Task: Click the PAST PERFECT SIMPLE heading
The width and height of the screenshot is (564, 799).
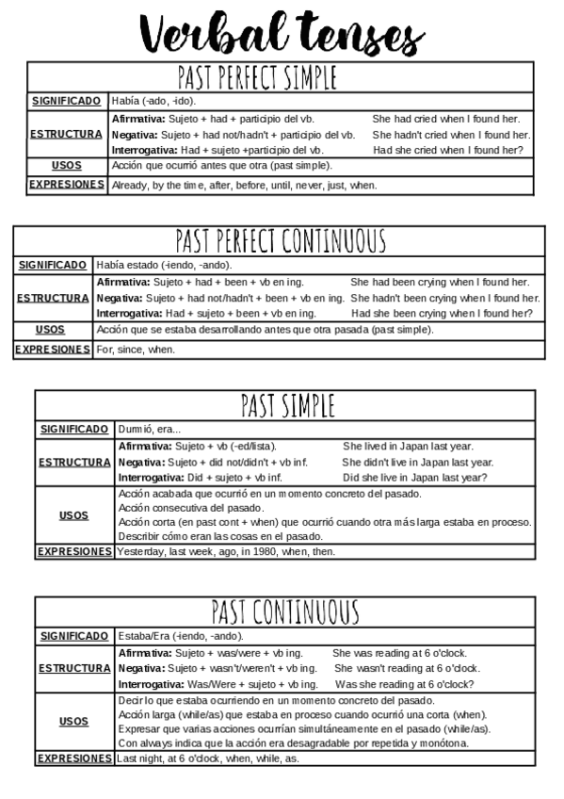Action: click(257, 76)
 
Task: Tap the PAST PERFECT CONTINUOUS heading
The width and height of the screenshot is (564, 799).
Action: click(281, 241)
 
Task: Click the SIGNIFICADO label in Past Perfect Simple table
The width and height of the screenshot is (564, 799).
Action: click(66, 101)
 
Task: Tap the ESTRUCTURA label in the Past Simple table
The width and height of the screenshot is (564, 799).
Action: click(74, 463)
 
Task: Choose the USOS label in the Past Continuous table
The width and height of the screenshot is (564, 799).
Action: click(73, 722)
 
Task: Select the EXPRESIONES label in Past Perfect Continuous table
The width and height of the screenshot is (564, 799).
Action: click(53, 350)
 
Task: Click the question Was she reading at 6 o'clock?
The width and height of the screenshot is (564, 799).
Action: click(404, 684)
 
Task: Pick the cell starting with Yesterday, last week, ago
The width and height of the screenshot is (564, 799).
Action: click(226, 552)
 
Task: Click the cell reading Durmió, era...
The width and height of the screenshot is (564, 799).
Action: click(150, 429)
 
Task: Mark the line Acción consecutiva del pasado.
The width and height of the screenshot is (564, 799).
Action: click(191, 508)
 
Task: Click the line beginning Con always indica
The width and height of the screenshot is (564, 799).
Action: click(293, 743)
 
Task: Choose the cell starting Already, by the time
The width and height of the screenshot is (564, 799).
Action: click(244, 186)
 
